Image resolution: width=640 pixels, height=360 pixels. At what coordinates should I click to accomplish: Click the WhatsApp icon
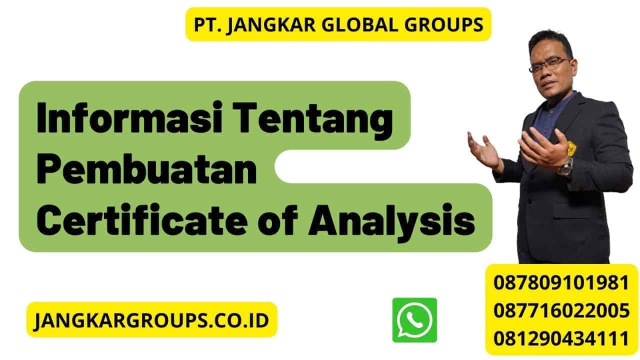(414, 320)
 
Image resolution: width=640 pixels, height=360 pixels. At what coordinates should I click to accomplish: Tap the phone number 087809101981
(561, 282)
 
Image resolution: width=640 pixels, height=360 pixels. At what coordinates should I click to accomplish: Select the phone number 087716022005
(561, 310)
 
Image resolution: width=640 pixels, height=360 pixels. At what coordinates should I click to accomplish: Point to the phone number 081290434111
(561, 338)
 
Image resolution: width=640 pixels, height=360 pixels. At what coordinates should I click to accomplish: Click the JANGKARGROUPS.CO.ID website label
(151, 319)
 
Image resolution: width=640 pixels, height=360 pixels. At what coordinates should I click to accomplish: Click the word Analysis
(391, 221)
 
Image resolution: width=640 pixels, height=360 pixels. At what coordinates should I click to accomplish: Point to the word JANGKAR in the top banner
(265, 24)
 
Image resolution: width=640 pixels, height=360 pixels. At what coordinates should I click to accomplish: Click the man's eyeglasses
(549, 64)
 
